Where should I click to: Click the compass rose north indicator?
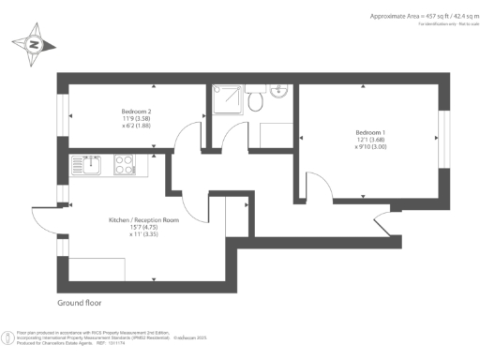pos(35,45)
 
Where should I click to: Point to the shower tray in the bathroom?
pos(225,98)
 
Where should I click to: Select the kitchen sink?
pos(92,165)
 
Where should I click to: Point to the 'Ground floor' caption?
pos(79,304)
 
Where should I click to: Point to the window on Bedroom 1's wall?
pos(442,138)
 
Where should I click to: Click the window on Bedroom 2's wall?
pos(65,115)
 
